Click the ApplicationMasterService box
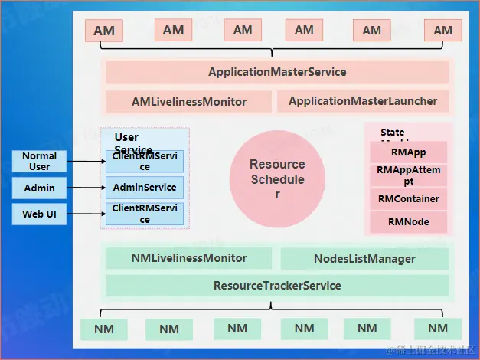click(x=277, y=72)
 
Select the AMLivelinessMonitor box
click(x=189, y=101)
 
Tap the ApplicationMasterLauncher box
click(x=363, y=101)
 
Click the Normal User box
click(x=39, y=161)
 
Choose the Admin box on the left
click(x=39, y=188)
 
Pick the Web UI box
click(x=39, y=214)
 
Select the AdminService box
click(x=145, y=188)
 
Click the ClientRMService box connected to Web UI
click(x=145, y=214)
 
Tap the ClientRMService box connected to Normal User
click(x=145, y=161)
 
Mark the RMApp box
click(x=408, y=152)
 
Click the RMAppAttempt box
click(x=408, y=175)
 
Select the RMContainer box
click(x=408, y=199)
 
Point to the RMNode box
click(x=408, y=222)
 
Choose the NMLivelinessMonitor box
click(x=189, y=258)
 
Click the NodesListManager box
click(x=364, y=259)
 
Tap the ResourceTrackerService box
click(x=277, y=286)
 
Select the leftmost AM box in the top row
click(x=104, y=31)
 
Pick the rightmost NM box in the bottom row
click(x=437, y=329)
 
